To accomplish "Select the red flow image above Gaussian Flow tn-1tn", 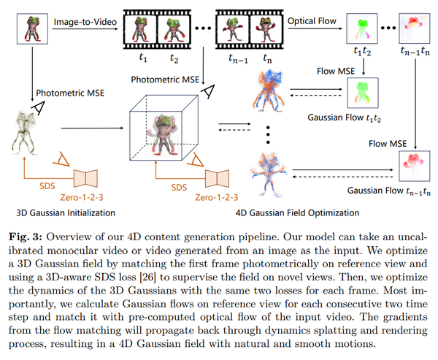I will pyautogui.click(x=415, y=164).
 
